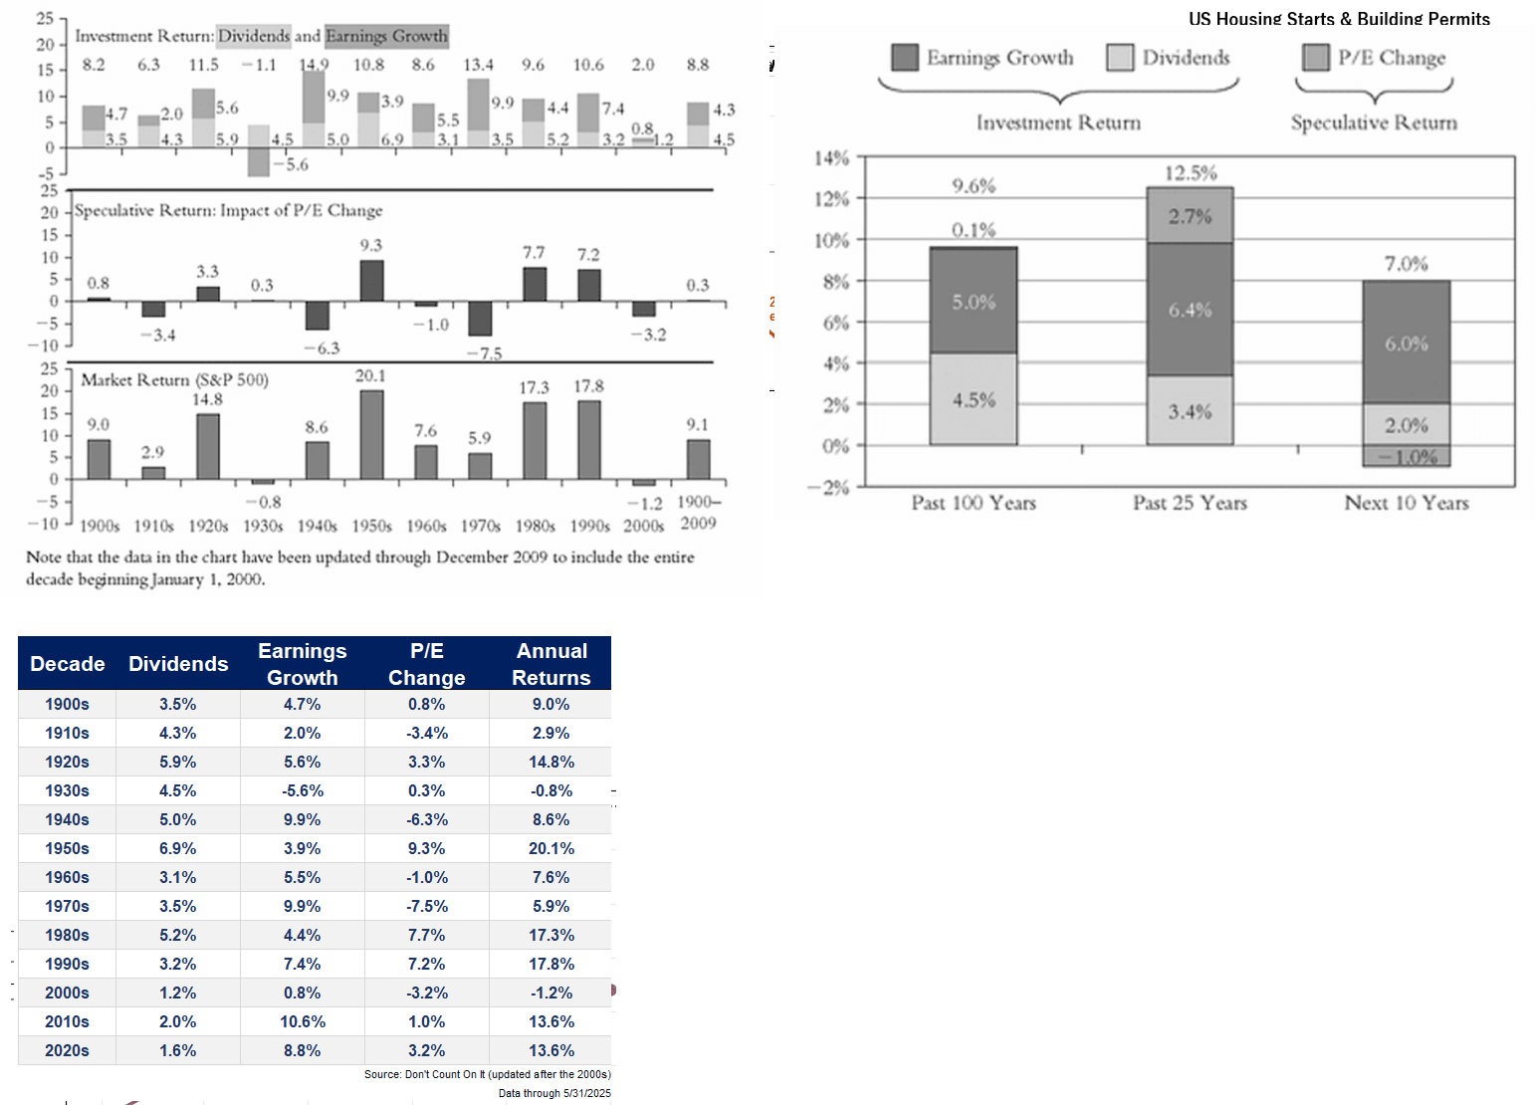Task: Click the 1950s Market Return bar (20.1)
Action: [x=371, y=435]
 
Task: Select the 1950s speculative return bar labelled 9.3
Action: [x=371, y=281]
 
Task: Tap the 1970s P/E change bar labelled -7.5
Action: [x=480, y=319]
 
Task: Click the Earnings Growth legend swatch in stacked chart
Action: [x=905, y=58]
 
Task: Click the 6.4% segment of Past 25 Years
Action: [x=1190, y=310]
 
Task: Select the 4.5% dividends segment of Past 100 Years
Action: [x=974, y=399]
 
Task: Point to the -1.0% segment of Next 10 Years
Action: [x=1406, y=457]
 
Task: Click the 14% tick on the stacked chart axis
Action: [x=832, y=158]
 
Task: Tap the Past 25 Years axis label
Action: [x=1190, y=503]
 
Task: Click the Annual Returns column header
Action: [x=550, y=664]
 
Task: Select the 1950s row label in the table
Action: [x=67, y=848]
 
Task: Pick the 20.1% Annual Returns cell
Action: [x=550, y=848]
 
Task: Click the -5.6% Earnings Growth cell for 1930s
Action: [x=303, y=790]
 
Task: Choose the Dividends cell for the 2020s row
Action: [x=178, y=1050]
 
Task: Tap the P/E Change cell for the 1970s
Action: [x=427, y=906]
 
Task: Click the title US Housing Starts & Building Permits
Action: [x=1339, y=19]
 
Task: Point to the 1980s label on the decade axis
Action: [x=535, y=526]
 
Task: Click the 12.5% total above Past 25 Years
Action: [x=1191, y=173]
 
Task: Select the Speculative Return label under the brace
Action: [x=1374, y=122]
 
